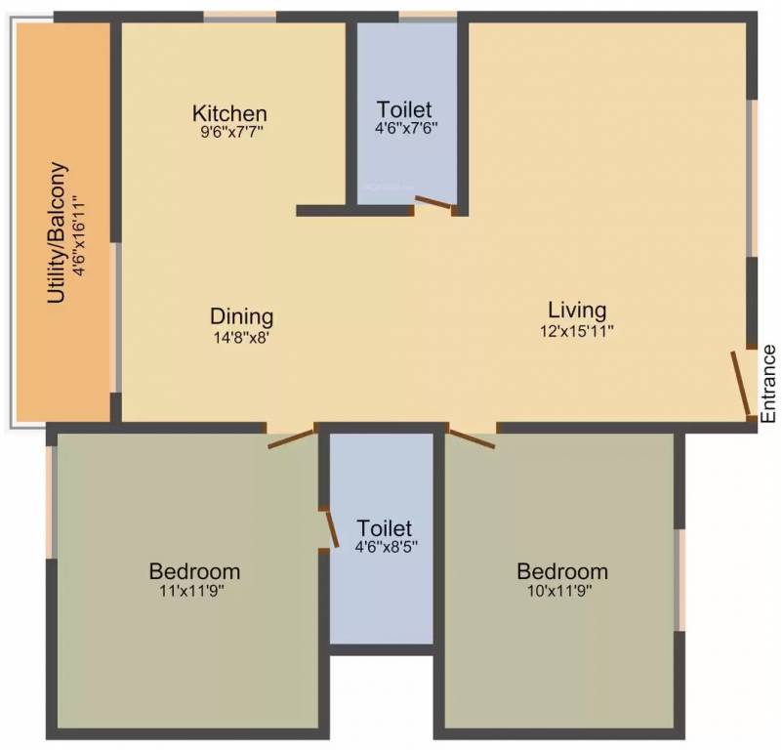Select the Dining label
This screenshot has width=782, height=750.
pyautogui.click(x=241, y=317)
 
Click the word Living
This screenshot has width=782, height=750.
pyautogui.click(x=577, y=311)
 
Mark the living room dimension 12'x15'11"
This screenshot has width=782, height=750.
pyautogui.click(x=577, y=330)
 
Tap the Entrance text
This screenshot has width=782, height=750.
pyautogui.click(x=768, y=383)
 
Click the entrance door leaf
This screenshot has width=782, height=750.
pyautogui.click(x=741, y=384)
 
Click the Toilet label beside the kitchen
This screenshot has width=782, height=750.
pyautogui.click(x=404, y=108)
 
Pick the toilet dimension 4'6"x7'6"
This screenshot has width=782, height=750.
pyautogui.click(x=404, y=128)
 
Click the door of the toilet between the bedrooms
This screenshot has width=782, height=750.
pyautogui.click(x=332, y=528)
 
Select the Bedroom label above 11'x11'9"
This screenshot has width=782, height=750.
pyautogui.click(x=194, y=571)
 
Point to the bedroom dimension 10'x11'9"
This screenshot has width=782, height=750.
pyautogui.click(x=561, y=590)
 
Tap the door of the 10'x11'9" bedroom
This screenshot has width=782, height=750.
pyautogui.click(x=473, y=437)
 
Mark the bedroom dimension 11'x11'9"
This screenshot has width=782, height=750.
pyautogui.click(x=194, y=590)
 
